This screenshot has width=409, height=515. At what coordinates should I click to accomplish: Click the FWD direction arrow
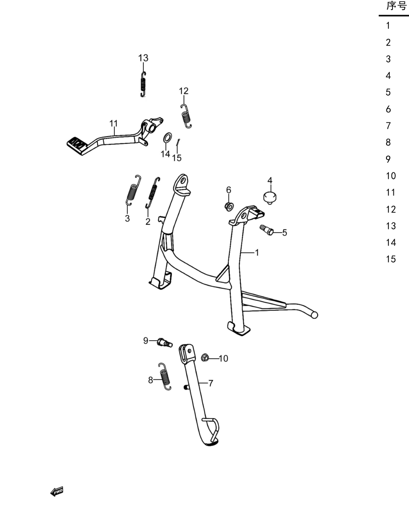click(57, 492)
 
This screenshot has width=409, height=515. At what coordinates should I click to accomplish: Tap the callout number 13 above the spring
click(143, 58)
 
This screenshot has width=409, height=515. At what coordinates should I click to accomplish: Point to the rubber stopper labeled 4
click(270, 198)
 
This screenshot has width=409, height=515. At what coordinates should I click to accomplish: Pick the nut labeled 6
click(229, 206)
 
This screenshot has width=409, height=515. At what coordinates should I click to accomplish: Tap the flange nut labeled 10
click(205, 357)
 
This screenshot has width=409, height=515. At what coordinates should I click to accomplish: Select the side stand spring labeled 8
click(165, 376)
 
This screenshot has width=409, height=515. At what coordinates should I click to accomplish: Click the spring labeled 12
click(186, 116)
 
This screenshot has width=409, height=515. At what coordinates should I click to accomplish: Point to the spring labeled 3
click(133, 190)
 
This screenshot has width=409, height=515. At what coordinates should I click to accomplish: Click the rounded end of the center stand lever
click(314, 315)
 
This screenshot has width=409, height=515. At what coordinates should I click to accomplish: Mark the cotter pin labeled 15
click(177, 143)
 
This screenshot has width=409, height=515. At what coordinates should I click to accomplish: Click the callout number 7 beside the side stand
click(211, 383)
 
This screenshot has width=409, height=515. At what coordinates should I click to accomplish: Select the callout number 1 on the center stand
click(257, 252)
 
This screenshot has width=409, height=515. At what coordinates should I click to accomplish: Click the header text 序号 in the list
click(397, 6)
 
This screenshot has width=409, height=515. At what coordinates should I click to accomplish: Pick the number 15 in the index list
click(391, 259)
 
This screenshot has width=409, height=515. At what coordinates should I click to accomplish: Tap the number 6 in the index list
click(388, 109)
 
